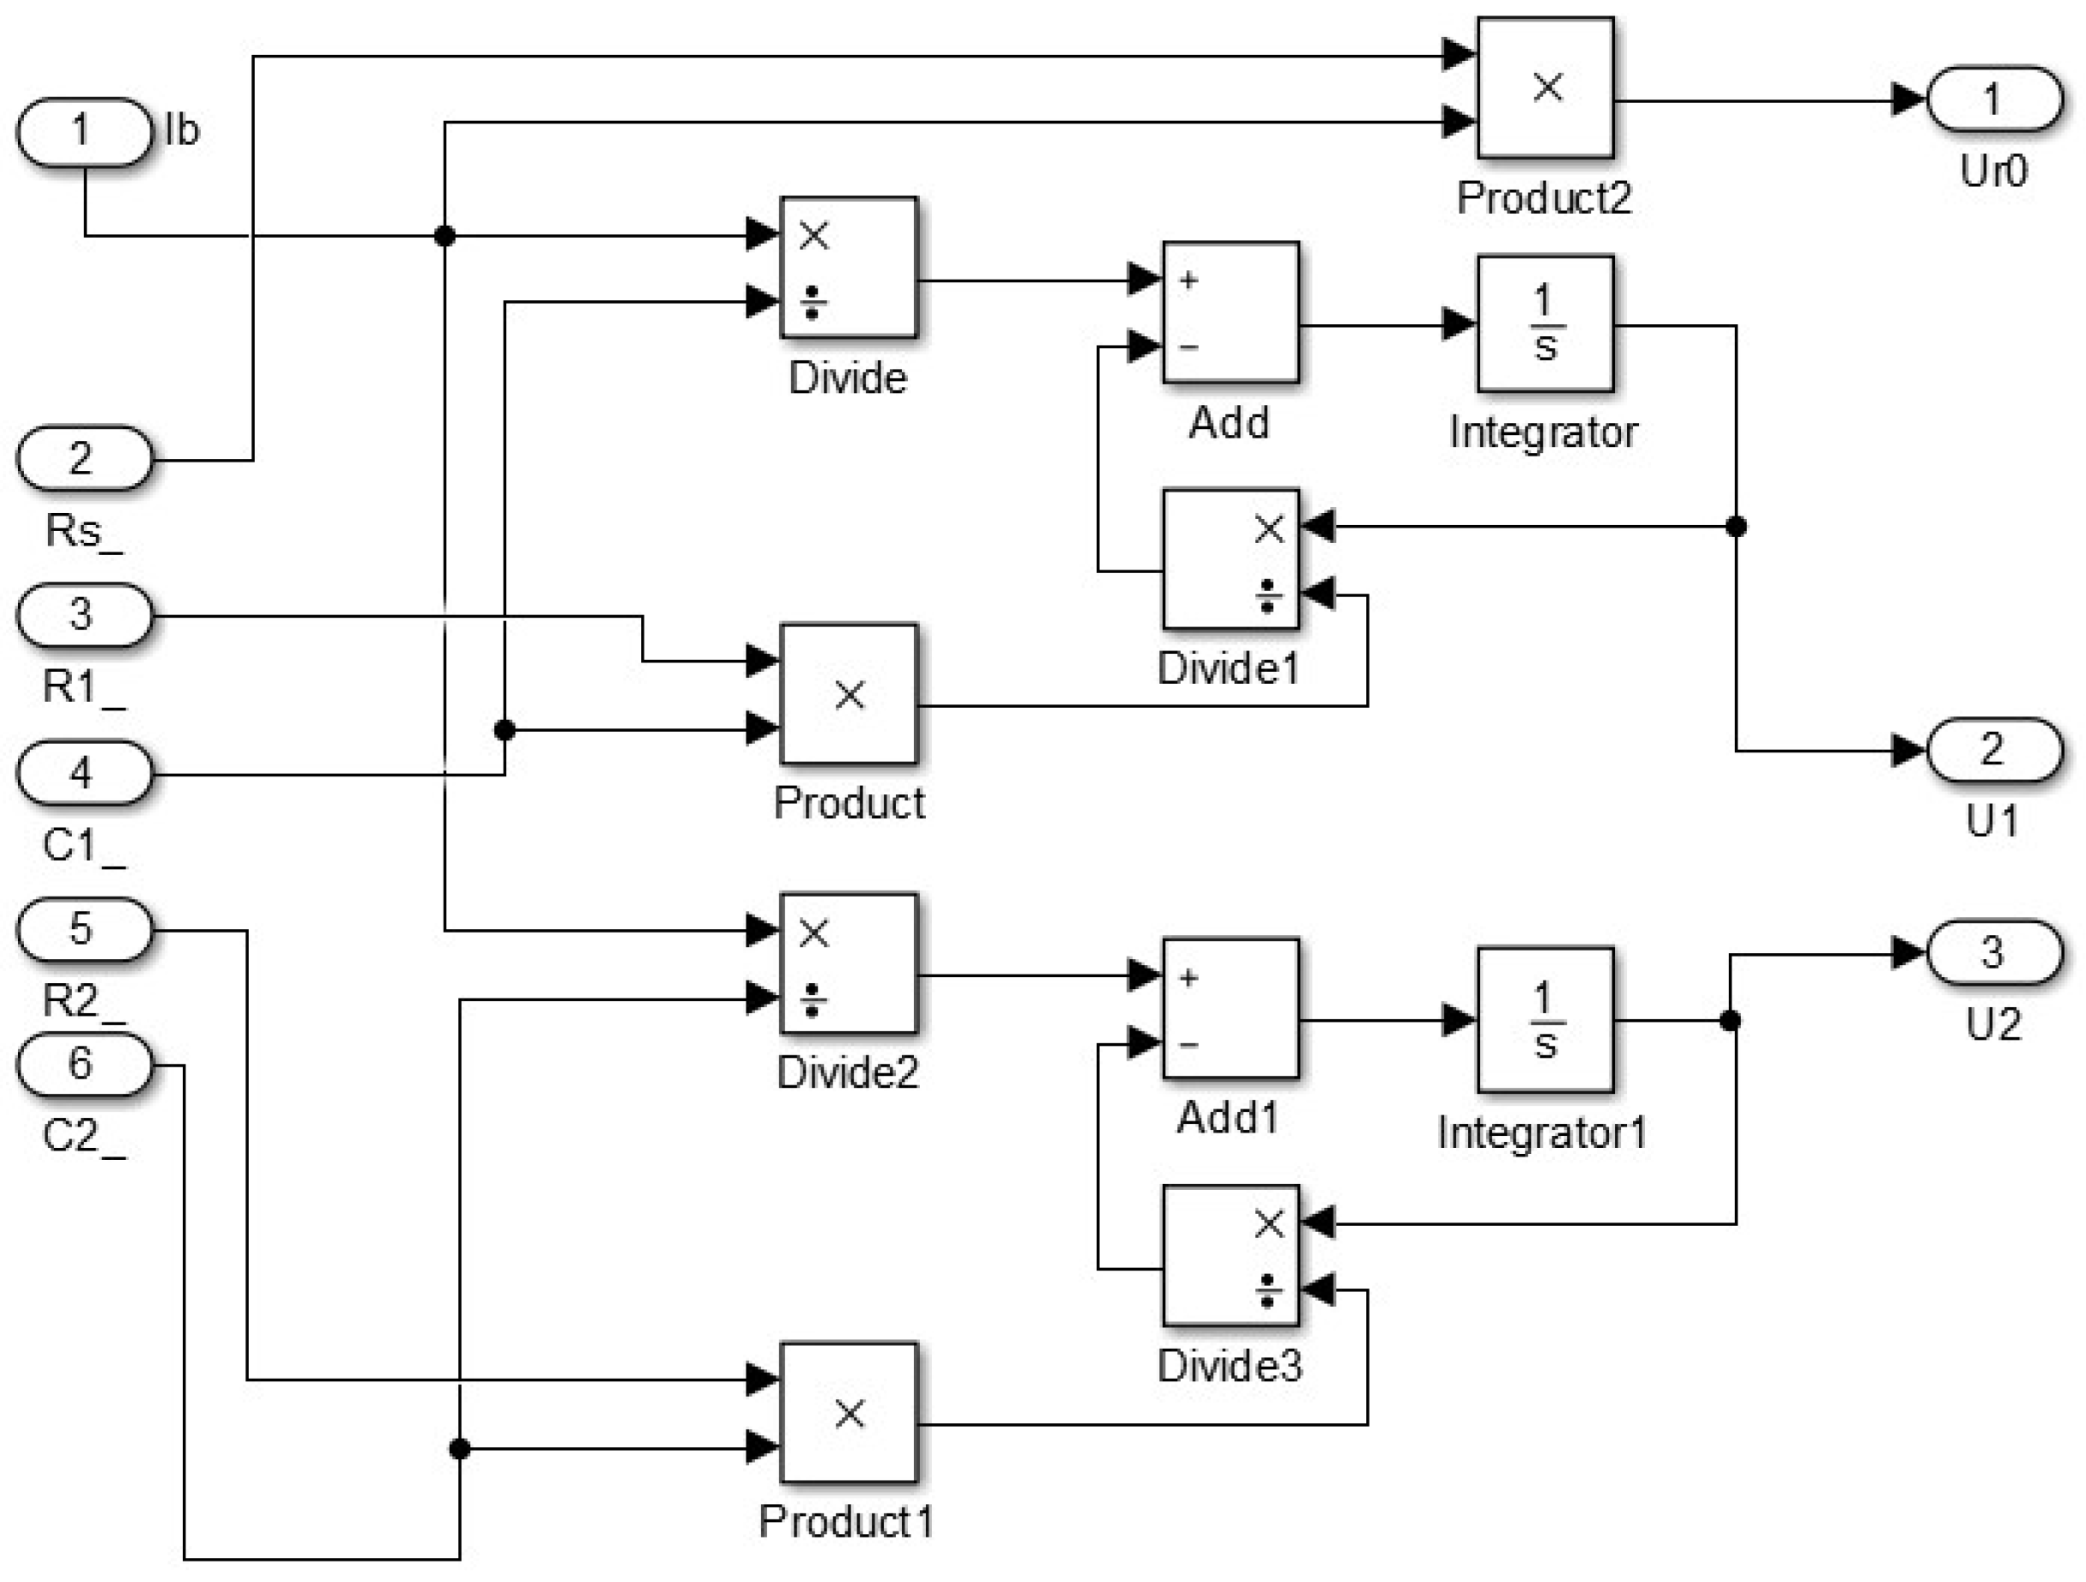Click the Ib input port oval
click(84, 131)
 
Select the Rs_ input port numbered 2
click(84, 459)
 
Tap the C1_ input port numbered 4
click(84, 773)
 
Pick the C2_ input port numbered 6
click(84, 1065)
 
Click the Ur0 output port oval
click(1992, 99)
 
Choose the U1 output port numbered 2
click(1992, 751)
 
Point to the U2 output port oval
click(1992, 953)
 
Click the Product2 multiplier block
click(1545, 88)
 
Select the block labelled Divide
click(848, 267)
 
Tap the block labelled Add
click(1230, 312)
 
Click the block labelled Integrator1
click(1545, 1019)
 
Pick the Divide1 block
click(1230, 559)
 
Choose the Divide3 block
click(1230, 1256)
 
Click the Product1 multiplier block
click(848, 1412)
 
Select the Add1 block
click(1230, 1008)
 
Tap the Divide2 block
click(848, 963)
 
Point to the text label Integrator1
click(1541, 1132)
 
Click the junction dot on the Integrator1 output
click(1730, 1020)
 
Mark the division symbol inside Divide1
click(1267, 596)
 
